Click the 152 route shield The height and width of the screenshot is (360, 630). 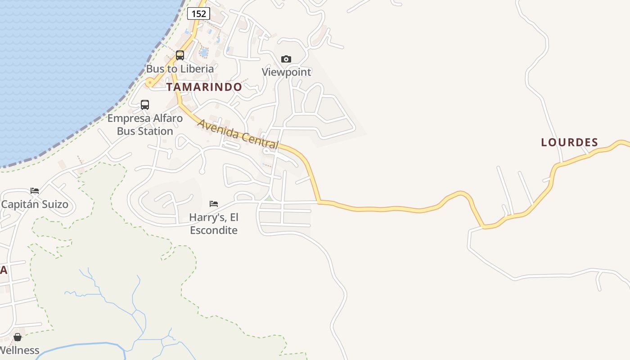[198, 13]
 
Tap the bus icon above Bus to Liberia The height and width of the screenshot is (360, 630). [180, 55]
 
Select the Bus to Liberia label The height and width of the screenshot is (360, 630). [180, 69]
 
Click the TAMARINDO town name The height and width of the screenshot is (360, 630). [204, 87]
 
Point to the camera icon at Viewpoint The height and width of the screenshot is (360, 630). [286, 59]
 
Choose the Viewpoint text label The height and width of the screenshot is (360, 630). [287, 72]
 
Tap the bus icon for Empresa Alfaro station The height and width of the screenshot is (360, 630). [145, 105]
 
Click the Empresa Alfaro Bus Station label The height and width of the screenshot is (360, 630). [145, 125]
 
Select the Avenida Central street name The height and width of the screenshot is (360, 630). [238, 134]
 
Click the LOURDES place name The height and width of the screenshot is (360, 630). [569, 143]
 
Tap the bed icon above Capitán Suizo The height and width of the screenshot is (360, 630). [35, 191]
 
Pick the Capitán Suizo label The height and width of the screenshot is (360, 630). [35, 204]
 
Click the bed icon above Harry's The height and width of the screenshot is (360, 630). [214, 204]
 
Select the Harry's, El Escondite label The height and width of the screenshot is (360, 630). [214, 224]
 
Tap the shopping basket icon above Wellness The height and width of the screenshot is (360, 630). [18, 337]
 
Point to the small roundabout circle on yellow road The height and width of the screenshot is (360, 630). [149, 82]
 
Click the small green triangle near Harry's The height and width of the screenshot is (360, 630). [269, 198]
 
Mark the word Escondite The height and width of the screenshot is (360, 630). [214, 230]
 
